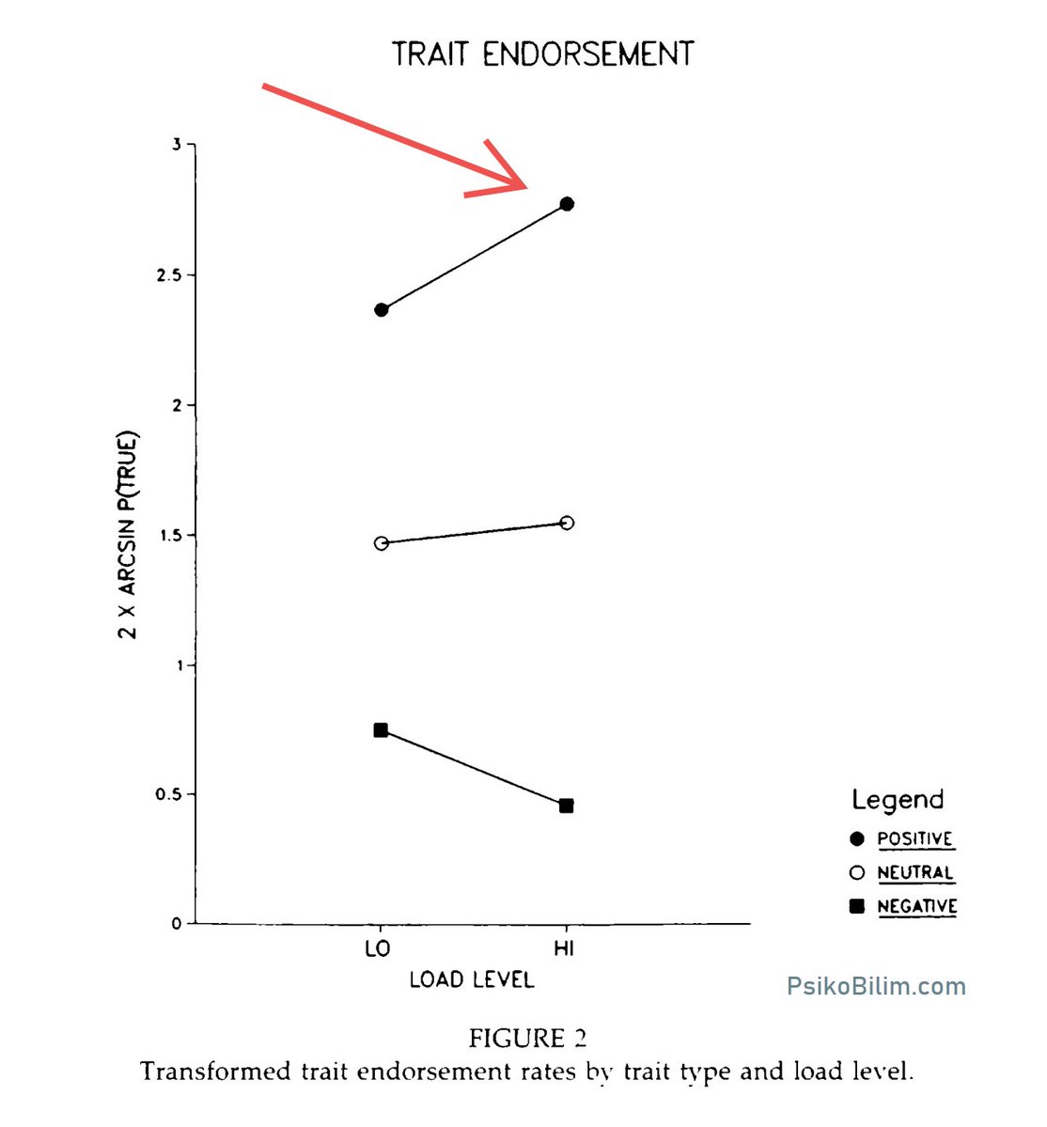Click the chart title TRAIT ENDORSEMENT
[x=542, y=54]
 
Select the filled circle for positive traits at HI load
[x=566, y=204]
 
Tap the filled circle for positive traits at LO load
[x=382, y=310]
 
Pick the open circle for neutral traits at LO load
[x=382, y=543]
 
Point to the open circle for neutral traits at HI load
[x=567, y=523]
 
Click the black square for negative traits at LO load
[x=381, y=730]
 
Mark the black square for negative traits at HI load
[x=566, y=806]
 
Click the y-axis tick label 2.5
[x=168, y=275]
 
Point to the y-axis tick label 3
[x=177, y=145]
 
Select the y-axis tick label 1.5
[x=169, y=536]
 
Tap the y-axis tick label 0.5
[x=168, y=794]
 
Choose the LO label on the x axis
[x=377, y=948]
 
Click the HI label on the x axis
[x=564, y=948]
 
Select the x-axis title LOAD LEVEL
[x=472, y=979]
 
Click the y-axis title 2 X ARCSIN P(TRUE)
[x=127, y=534]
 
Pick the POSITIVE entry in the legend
[x=914, y=838]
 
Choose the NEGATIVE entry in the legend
[x=917, y=906]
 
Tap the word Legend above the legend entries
[x=898, y=800]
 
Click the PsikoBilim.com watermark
[x=876, y=986]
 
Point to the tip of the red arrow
[x=526, y=188]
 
